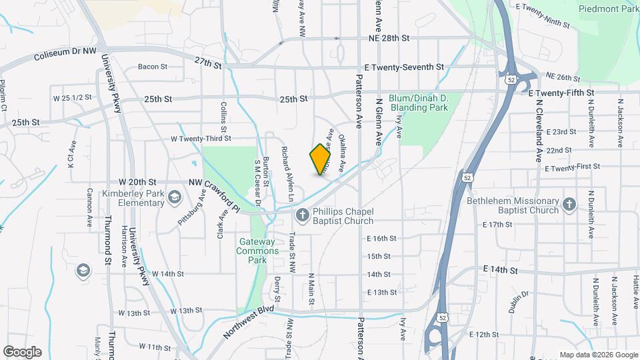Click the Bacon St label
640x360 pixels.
[x=152, y=67]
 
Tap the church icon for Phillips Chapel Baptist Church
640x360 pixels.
[x=301, y=215]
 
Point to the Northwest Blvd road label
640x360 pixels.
[x=249, y=323]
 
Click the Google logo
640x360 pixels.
[x=23, y=351]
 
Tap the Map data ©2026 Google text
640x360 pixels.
[x=598, y=355]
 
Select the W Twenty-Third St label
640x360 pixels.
[x=201, y=139]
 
